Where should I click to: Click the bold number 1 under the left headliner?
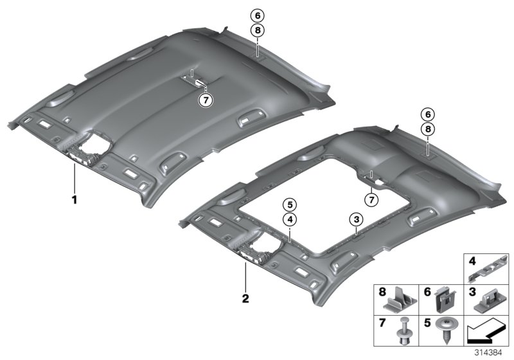tap(75, 199)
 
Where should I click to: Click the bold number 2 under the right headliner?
tap(245, 299)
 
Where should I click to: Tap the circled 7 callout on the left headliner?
tap(206, 100)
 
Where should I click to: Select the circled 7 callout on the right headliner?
tap(371, 200)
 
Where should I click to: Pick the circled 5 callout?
tap(290, 205)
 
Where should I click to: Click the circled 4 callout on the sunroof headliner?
tap(290, 220)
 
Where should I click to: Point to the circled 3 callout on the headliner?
tap(357, 219)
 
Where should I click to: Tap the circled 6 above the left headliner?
tap(258, 15)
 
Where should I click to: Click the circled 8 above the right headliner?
tap(428, 129)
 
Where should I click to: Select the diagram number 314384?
tap(488, 353)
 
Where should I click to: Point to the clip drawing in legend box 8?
tap(400, 300)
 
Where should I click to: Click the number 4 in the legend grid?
tap(472, 261)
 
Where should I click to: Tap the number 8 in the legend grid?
tap(382, 292)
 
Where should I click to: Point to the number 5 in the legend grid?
tap(427, 323)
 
